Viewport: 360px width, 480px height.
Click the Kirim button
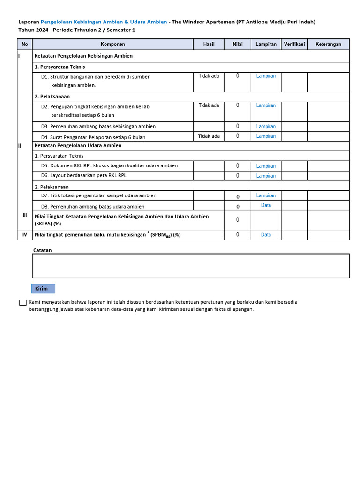[x=43, y=289]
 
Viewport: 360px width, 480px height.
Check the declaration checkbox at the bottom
[x=23, y=303]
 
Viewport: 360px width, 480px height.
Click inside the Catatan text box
[x=190, y=266]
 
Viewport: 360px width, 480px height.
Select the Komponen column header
[x=112, y=44]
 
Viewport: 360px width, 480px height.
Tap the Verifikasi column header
[x=294, y=44]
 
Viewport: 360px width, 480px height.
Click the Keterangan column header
[x=328, y=44]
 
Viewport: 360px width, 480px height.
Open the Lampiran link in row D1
[x=266, y=76]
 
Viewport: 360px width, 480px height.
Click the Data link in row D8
[x=266, y=205]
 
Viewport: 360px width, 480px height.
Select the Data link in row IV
[x=266, y=235]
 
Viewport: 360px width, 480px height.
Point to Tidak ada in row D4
[x=209, y=136]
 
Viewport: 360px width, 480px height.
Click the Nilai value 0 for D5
[x=238, y=166]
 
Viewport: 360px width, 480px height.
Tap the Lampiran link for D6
[x=266, y=176]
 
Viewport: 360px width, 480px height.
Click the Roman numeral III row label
[x=25, y=215]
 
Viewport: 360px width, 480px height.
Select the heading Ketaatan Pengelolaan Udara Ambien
[x=78, y=146]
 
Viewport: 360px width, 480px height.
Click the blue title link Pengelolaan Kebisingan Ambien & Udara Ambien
[x=104, y=22]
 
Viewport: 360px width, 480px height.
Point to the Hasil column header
[x=209, y=44]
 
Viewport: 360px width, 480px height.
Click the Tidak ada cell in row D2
[x=209, y=105]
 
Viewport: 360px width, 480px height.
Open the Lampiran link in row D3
[x=266, y=127]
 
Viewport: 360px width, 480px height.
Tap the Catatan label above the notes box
[x=42, y=250]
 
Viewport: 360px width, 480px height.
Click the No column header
[x=25, y=44]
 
